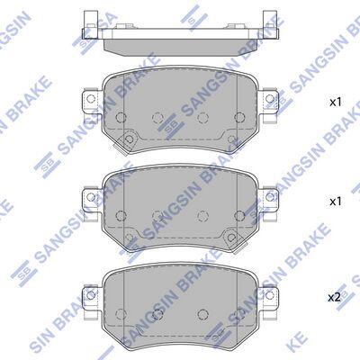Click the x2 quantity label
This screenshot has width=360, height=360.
tap(335, 298)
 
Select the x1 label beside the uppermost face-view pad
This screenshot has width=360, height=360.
tap(336, 103)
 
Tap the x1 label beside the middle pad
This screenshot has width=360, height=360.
tap(336, 202)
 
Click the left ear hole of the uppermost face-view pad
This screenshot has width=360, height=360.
tap(91, 98)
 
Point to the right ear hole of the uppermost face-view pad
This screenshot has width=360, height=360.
tap(270, 98)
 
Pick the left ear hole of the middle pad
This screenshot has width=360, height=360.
tap(91, 197)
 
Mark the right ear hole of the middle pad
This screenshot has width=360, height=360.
tap(270, 197)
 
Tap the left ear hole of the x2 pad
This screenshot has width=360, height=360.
tap(91, 295)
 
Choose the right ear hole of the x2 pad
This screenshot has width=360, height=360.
tap(270, 295)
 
